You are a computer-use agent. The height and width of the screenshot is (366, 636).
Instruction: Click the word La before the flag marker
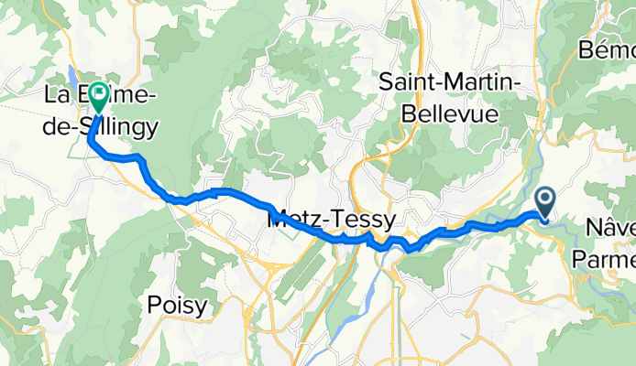58,94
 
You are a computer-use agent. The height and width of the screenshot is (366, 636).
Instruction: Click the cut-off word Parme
604,259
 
